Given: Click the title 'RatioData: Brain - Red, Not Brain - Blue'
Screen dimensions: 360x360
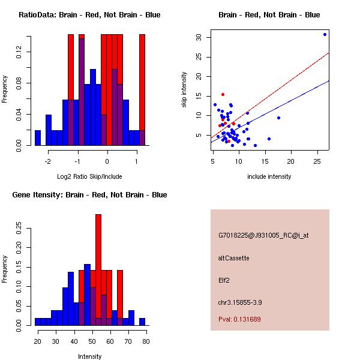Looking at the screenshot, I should [x=89, y=15].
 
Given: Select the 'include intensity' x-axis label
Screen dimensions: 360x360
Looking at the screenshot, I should [x=269, y=176].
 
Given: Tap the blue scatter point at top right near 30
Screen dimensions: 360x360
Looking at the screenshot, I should [x=325, y=34].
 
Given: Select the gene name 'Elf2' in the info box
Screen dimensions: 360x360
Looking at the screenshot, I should [x=224, y=280].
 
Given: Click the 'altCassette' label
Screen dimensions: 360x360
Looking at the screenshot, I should [x=233, y=258].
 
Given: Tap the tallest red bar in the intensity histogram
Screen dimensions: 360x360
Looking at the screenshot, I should [x=98, y=264].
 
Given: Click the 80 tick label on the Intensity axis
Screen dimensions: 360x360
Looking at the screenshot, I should [x=146, y=341].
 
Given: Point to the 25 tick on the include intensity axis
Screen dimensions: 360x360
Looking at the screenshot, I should [x=316, y=161].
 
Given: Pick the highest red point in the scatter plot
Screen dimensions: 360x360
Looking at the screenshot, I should [x=223, y=94].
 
